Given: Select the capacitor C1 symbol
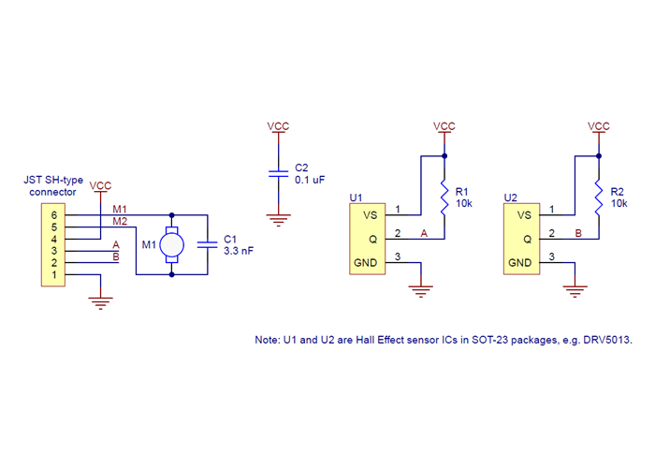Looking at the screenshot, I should point(207,245).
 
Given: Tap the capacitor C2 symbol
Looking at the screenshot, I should point(277,173).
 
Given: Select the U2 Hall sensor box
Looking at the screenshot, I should point(520,239).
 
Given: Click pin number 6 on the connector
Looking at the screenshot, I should point(54,215).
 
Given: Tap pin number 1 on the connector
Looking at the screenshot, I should point(54,274).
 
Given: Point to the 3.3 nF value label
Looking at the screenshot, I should point(239,251).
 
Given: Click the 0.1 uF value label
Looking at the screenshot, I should point(310,179).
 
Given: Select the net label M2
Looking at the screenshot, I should point(120,221).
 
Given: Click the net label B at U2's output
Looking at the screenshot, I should point(577,232).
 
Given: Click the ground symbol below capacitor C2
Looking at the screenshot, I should point(277,221).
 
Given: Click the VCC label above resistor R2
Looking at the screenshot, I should point(598,125).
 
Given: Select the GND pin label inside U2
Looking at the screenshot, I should point(519,263).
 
